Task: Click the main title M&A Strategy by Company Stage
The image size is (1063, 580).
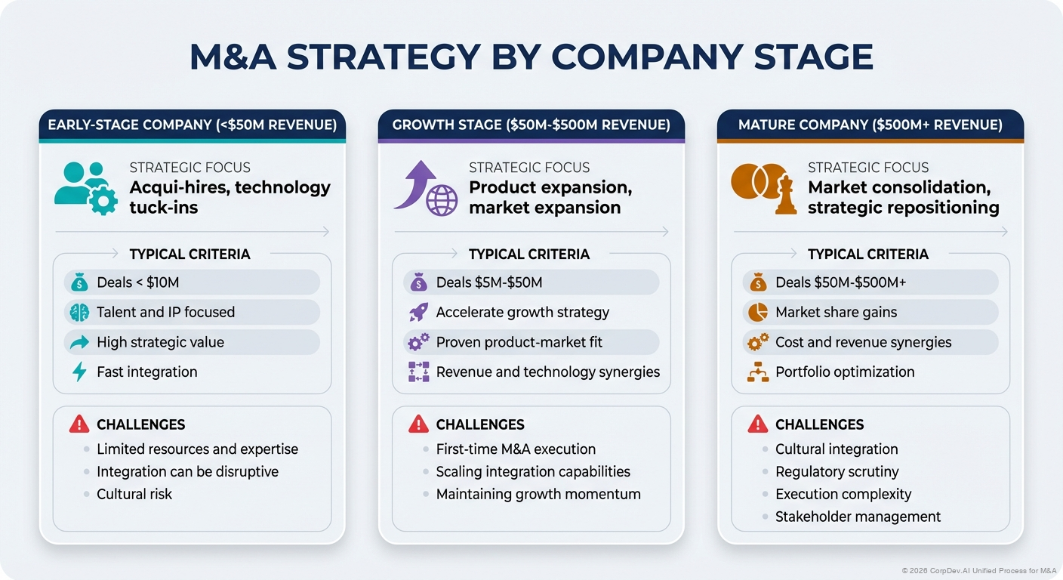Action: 531,58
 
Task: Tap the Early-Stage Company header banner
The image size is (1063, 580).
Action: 192,125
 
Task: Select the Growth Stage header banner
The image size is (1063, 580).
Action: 531,125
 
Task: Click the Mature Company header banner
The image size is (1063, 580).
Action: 870,125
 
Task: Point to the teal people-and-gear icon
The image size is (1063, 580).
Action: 85,187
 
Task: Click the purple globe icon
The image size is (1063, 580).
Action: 442,201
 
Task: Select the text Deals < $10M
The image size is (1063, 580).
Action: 137,282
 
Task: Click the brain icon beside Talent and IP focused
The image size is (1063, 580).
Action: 79,313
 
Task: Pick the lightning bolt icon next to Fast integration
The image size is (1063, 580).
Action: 79,372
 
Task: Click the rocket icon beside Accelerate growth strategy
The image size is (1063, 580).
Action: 418,313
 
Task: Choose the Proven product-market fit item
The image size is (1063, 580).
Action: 519,342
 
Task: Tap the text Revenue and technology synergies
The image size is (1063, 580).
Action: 547,372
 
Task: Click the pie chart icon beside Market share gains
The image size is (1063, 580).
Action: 757,313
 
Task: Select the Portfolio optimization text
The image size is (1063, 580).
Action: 844,372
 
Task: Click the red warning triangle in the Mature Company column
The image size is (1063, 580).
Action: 757,424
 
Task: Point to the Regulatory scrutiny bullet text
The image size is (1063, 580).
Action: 837,471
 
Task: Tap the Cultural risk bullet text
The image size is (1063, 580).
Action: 134,494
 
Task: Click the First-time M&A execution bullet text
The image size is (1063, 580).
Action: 516,449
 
